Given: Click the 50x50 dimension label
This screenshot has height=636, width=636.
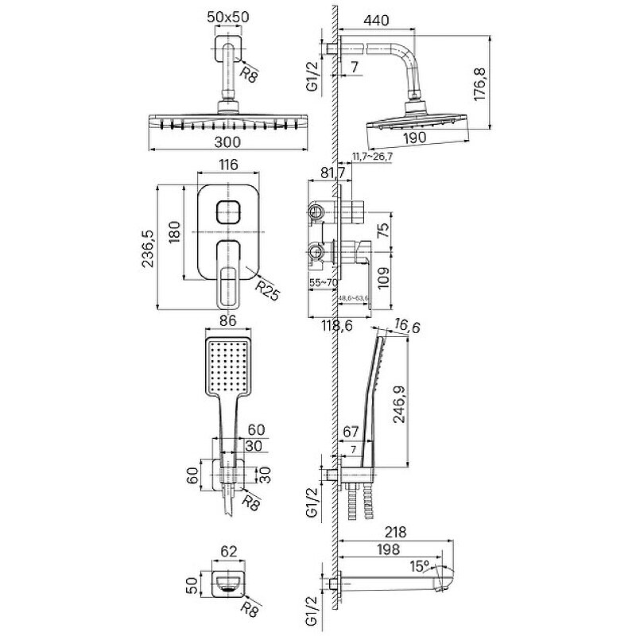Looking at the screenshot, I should [x=228, y=16].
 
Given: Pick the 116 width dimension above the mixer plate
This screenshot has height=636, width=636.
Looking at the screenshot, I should [x=228, y=165].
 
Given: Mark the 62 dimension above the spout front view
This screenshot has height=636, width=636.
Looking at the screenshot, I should [x=229, y=549].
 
